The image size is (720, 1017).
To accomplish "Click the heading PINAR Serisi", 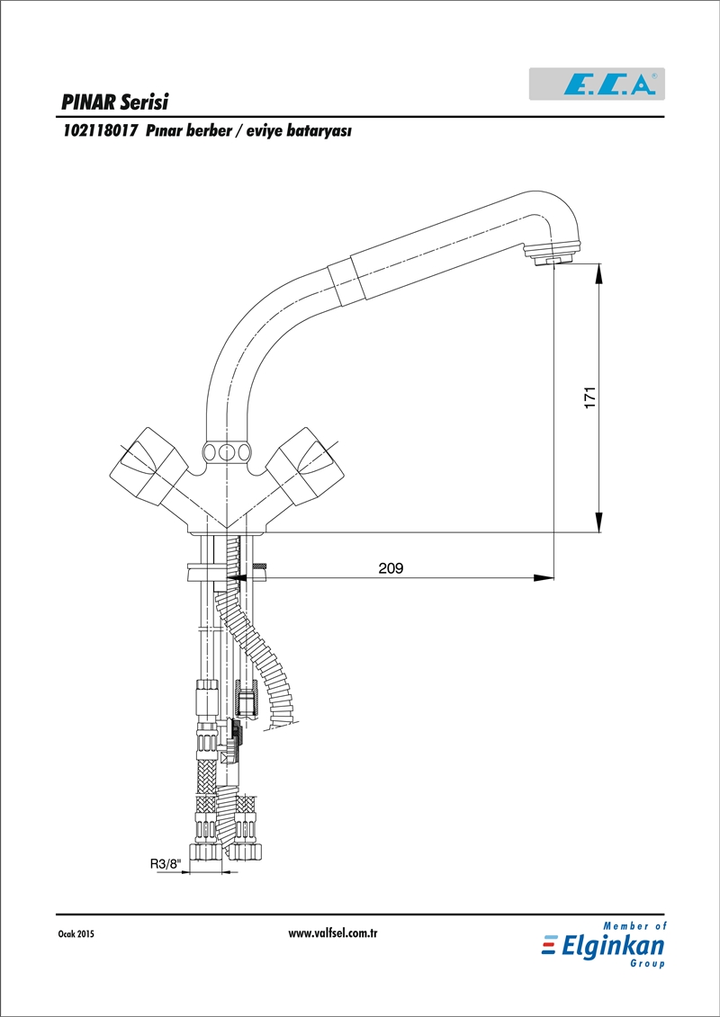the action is click(115, 103).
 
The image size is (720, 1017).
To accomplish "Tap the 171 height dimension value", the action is click(589, 397).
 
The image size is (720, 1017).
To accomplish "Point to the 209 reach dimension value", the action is click(391, 568).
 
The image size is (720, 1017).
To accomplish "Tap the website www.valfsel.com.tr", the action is click(332, 933).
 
